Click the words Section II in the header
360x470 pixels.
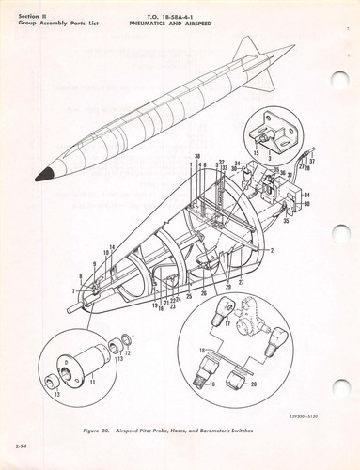[x=33, y=10]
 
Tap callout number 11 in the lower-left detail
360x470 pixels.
[x=92, y=384]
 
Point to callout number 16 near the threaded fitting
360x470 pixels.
[x=211, y=384]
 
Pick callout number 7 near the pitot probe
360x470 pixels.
[x=74, y=292]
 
